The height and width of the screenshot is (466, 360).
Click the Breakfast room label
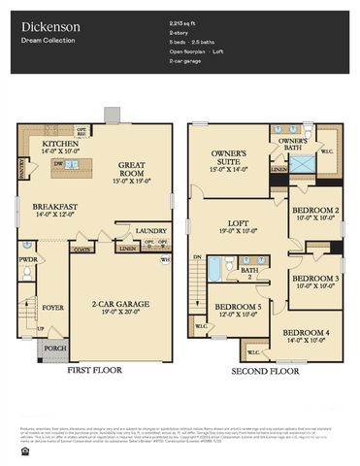(53, 208)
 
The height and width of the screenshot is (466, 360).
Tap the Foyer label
(52, 308)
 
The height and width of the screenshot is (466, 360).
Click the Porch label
(54, 348)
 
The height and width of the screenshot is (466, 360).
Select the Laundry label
(153, 230)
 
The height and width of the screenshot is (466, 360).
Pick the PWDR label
(27, 260)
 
